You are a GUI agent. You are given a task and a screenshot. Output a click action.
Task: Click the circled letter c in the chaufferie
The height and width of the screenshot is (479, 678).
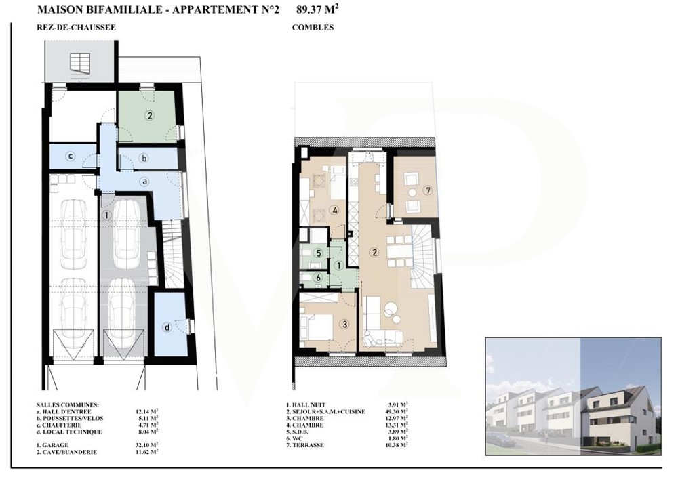pos(71,156)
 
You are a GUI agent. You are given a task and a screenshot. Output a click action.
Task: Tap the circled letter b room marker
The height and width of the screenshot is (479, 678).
pos(144,159)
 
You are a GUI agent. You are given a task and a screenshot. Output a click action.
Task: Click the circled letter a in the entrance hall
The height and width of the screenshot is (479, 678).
pos(145,182)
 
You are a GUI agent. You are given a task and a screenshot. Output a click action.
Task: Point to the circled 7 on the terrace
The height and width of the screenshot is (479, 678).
pos(428,190)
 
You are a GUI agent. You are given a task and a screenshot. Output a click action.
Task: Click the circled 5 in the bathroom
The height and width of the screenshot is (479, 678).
pos(319,253)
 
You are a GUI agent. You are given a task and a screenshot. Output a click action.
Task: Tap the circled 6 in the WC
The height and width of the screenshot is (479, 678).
pos(319,278)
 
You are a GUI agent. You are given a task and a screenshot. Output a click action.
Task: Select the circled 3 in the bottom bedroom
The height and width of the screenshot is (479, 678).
pos(344,324)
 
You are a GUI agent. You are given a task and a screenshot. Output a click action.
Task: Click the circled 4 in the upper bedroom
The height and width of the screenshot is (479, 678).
pos(334,211)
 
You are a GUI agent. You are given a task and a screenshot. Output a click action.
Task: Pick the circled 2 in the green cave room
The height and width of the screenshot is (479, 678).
pos(150,115)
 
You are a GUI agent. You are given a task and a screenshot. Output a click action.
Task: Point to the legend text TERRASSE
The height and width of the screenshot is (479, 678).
pos(308,445)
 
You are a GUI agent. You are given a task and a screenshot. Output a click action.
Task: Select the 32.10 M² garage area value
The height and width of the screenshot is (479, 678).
pos(146,445)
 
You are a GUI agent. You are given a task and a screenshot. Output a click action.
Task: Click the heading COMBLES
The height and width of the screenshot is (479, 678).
pos(313,28)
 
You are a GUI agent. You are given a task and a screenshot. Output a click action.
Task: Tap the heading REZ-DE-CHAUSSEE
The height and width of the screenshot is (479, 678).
pos(76,28)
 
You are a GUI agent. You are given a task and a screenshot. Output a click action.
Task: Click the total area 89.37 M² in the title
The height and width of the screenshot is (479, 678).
pos(317,9)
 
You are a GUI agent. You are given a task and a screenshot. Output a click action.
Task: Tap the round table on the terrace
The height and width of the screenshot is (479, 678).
pos(412,192)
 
